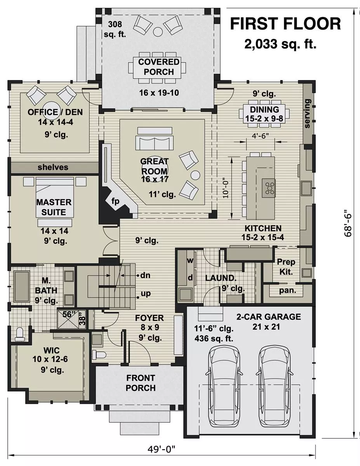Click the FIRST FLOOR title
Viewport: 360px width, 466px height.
click(285, 24)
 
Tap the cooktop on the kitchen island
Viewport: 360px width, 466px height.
click(268, 188)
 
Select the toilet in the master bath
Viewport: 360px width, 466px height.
click(19, 334)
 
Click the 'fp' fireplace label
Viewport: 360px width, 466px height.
click(115, 201)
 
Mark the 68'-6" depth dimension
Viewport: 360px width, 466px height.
click(348, 223)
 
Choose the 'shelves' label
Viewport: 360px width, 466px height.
click(53, 167)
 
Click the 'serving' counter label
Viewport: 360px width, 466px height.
click(307, 113)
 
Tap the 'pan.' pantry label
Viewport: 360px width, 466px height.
click(287, 290)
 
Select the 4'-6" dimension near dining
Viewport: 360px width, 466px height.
click(260, 136)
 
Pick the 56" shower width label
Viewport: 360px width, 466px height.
click(67, 314)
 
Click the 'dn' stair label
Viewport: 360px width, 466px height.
click(145, 275)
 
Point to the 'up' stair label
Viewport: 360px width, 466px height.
click(146, 294)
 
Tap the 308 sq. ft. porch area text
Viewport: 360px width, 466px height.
click(115, 29)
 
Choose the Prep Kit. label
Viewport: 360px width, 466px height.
click(286, 267)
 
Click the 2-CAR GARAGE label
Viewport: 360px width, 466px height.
click(269, 317)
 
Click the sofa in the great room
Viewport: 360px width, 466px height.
click(155, 143)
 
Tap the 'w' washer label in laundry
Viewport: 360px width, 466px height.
click(190, 260)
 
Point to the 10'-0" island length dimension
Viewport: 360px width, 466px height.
click(226, 188)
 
